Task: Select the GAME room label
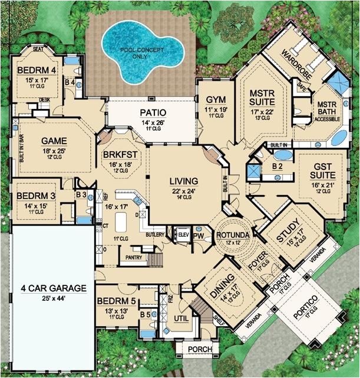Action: (x=54, y=141)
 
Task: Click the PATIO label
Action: (x=153, y=112)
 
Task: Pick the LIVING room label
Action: (x=184, y=181)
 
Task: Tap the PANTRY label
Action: (x=131, y=257)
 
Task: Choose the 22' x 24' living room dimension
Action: (x=184, y=190)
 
